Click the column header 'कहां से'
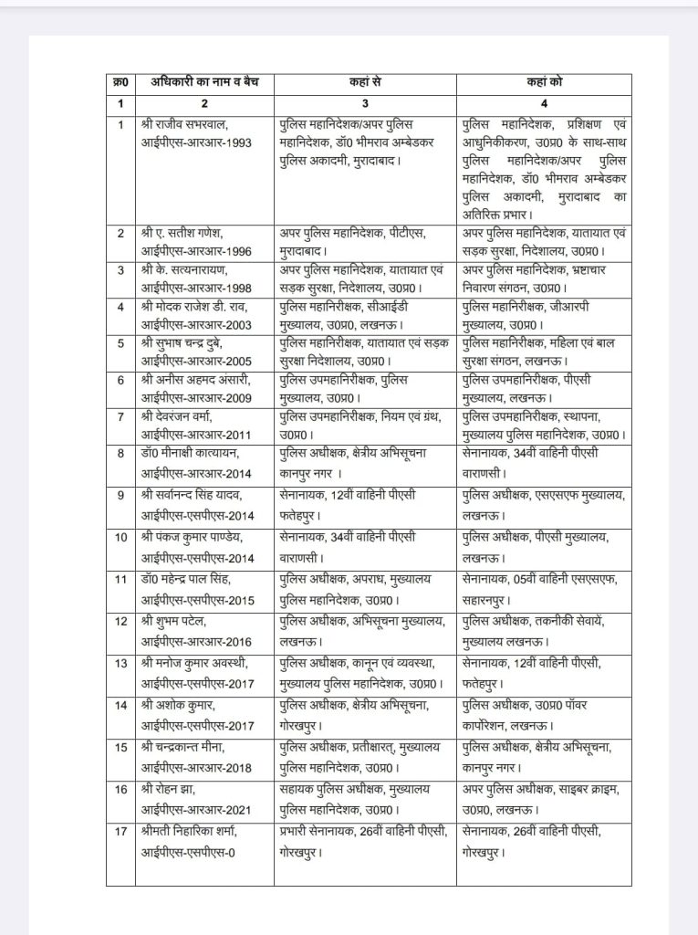(365, 82)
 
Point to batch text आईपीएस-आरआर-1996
(195, 250)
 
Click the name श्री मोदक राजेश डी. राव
(195, 306)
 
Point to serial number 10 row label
(120, 537)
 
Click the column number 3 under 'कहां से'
(365, 103)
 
